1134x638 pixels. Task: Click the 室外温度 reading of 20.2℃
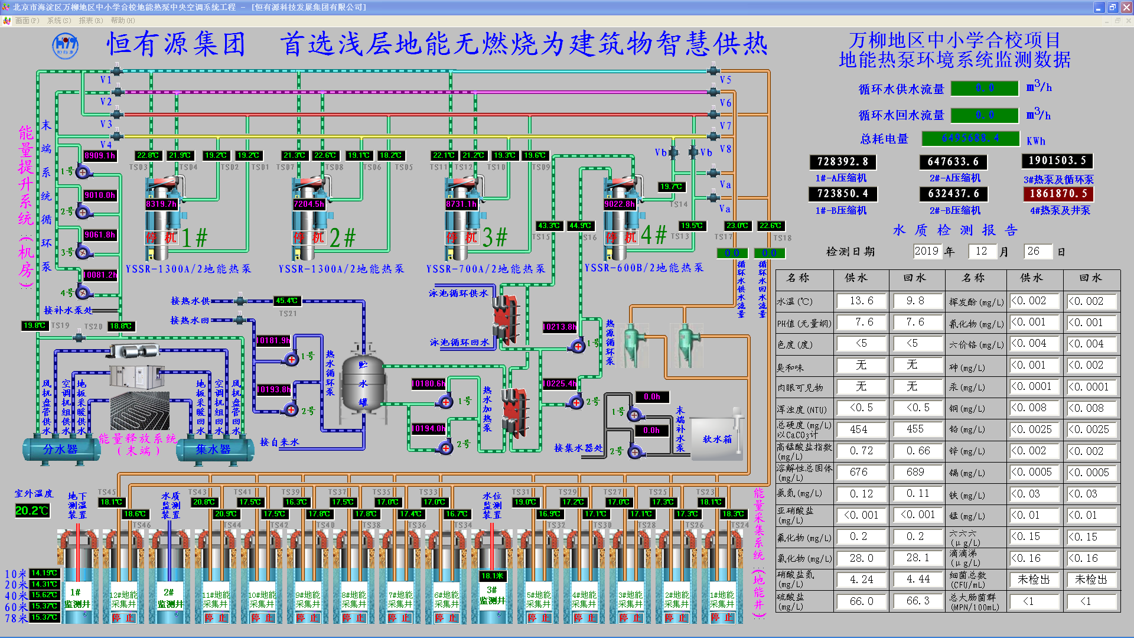point(32,510)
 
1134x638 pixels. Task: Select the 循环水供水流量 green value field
point(985,88)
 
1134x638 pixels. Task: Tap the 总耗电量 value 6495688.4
point(970,138)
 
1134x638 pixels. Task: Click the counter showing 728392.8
point(842,162)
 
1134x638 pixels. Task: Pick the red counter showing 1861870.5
point(1058,194)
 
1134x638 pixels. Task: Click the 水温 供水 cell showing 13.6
point(861,301)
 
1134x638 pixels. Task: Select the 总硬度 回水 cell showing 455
point(915,429)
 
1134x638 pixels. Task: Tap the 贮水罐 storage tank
point(363,384)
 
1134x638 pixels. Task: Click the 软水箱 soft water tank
point(716,439)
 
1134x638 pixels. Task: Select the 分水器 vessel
point(60,450)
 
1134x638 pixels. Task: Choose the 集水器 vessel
point(214,450)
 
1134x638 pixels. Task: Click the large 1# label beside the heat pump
point(194,238)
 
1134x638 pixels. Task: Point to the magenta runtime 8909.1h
point(100,155)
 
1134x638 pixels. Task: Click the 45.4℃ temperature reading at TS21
point(286,301)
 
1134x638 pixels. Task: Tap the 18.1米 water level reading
point(492,576)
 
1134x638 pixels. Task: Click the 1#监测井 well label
point(77,598)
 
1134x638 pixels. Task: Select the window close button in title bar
point(1126,7)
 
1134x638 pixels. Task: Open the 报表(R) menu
point(90,21)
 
